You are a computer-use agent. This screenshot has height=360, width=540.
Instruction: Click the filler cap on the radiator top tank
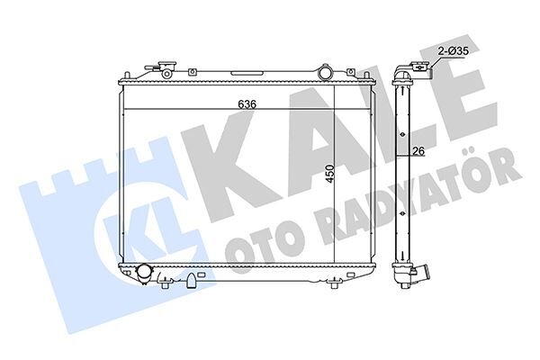click(x=165, y=68)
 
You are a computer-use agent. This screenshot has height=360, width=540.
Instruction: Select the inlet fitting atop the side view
click(x=418, y=68)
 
